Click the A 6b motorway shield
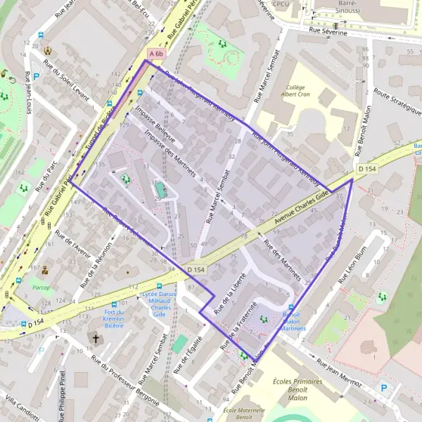tap(156, 53)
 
